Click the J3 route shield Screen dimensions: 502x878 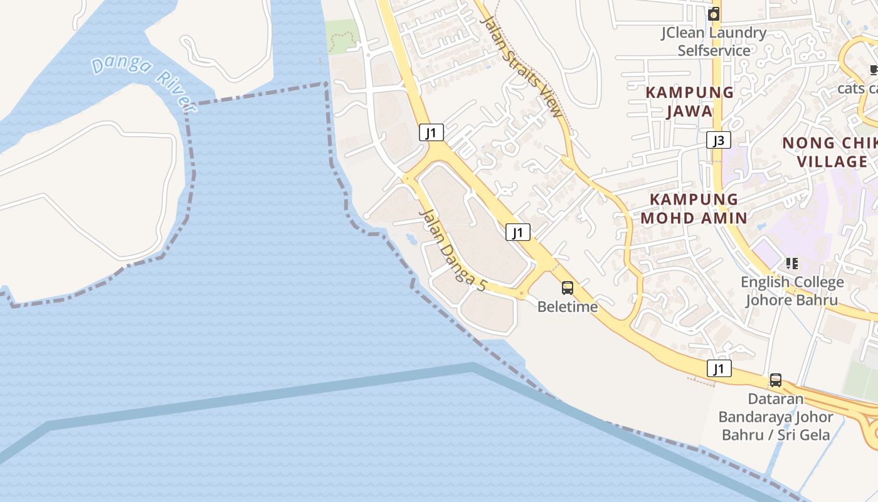[719, 140]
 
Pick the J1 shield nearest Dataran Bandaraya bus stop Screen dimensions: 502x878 [719, 368]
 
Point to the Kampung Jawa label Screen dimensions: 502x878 [689, 102]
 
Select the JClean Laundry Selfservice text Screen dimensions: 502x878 [714, 41]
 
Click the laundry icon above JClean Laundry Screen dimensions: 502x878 [714, 14]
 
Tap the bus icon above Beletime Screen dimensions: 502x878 [568, 288]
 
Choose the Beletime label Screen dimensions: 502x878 [568, 307]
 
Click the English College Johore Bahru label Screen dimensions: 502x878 [791, 291]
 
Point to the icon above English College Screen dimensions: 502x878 [791, 264]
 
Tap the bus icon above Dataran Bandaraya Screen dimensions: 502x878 [776, 380]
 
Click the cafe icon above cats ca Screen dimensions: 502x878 [874, 70]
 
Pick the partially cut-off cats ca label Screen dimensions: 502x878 [858, 88]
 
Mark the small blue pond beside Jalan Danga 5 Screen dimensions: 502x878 [411, 238]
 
